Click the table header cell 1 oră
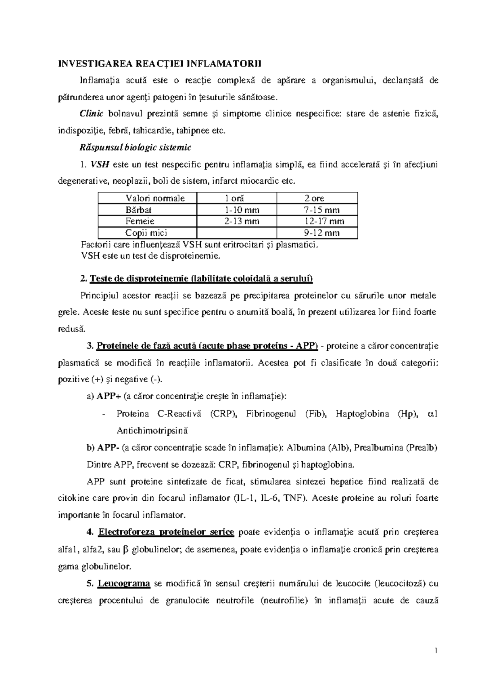[x=234, y=198]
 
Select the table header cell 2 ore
[x=314, y=198]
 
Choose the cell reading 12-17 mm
[x=324, y=221]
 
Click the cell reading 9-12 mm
[x=321, y=233]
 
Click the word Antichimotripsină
[x=152, y=430]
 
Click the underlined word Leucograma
[x=124, y=583]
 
